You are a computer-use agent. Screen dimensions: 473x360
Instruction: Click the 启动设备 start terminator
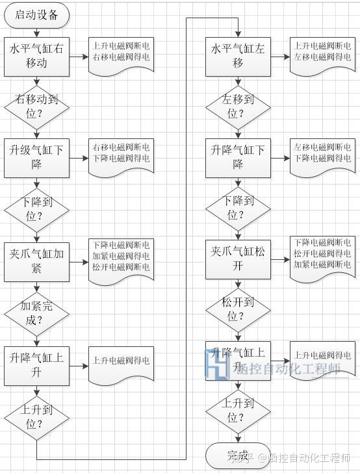tap(36, 16)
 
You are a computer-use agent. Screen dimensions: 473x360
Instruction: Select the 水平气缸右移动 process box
tap(36, 56)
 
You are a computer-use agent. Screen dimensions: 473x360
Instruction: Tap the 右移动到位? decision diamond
tap(36, 107)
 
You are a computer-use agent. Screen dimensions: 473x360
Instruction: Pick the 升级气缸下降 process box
tap(36, 158)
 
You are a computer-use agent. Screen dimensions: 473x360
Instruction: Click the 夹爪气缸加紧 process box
tap(36, 261)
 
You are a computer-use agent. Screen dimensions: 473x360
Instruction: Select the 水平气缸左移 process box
tap(238, 56)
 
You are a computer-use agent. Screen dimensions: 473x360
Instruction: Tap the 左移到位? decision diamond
tap(238, 107)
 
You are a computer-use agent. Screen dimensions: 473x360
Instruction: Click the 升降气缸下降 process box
tap(238, 158)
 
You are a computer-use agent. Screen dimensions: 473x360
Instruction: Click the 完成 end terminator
tap(238, 454)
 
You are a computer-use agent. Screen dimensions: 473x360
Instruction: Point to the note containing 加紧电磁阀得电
tap(122, 258)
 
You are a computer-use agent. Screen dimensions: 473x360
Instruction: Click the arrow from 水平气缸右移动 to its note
tap(79, 56)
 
